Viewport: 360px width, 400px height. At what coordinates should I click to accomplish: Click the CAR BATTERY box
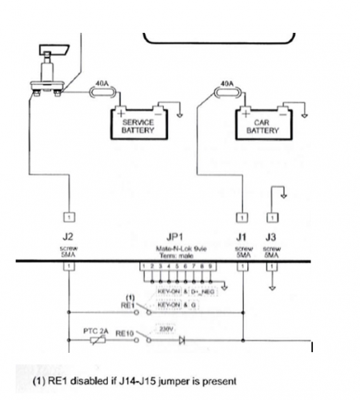click(263, 126)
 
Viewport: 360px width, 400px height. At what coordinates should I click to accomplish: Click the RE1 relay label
click(126, 304)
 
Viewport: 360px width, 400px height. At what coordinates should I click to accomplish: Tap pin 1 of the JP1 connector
click(143, 265)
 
